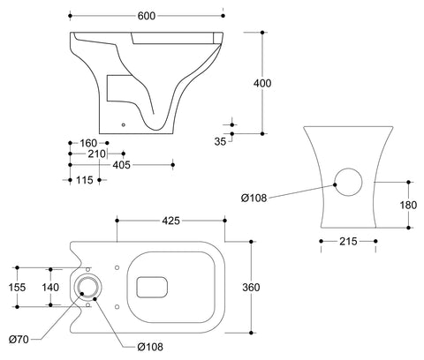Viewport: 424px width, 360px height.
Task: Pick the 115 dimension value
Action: [86, 179]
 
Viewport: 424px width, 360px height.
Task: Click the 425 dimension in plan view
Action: [173, 221]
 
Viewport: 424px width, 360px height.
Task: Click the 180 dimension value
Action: [410, 205]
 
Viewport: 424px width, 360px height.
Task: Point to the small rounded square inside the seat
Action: [154, 285]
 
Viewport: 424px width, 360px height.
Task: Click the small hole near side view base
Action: [123, 124]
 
